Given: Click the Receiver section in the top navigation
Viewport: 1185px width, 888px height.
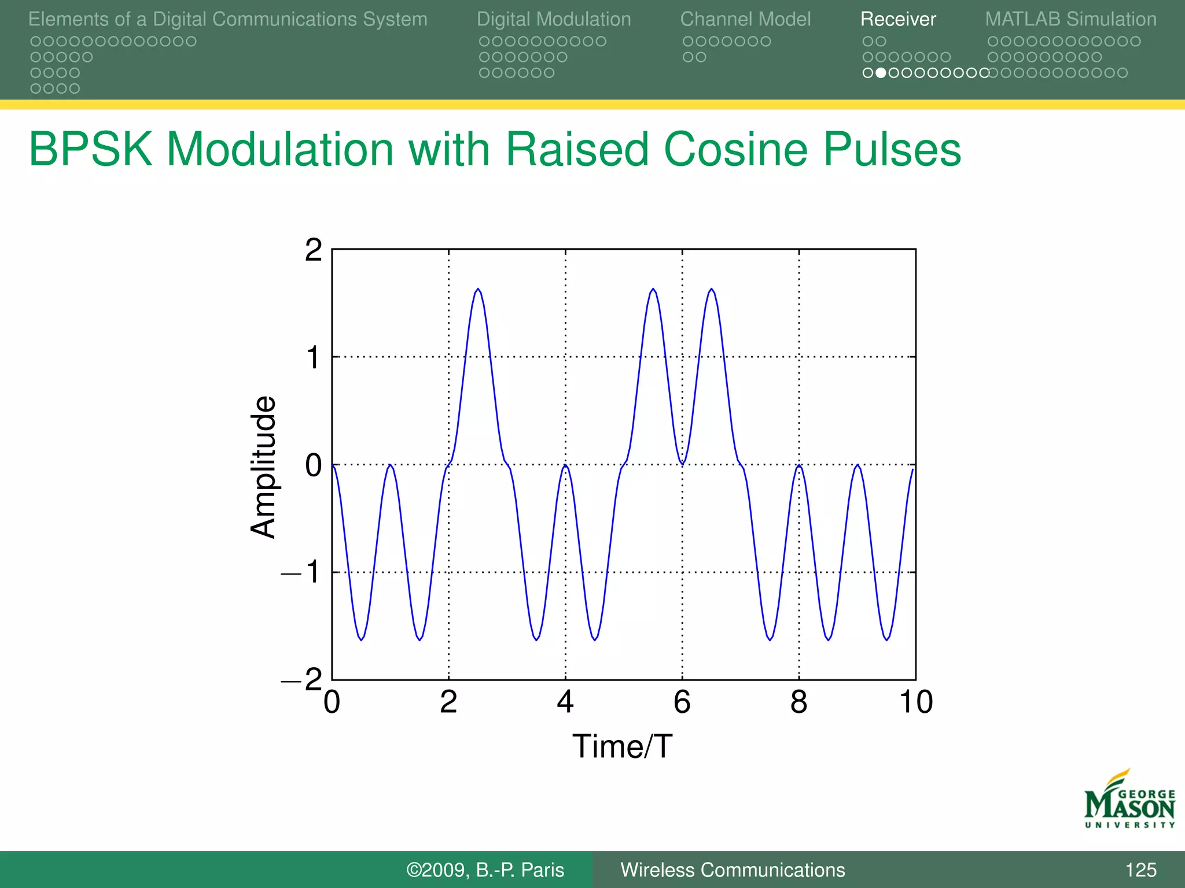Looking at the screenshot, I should pyautogui.click(x=897, y=19).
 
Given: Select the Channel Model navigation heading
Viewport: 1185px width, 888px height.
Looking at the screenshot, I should pyautogui.click(x=745, y=19).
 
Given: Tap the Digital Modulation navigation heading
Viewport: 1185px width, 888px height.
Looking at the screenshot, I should pyautogui.click(x=554, y=19).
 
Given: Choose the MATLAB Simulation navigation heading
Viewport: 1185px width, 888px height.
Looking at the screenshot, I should pyautogui.click(x=1070, y=19).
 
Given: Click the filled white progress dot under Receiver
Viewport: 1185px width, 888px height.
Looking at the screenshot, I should pyautogui.click(x=880, y=73).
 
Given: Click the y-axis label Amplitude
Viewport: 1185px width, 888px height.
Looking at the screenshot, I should pyautogui.click(x=263, y=467).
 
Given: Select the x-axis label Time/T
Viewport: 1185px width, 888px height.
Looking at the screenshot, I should pyautogui.click(x=622, y=746).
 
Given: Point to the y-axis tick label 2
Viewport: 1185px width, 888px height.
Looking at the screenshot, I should pyautogui.click(x=313, y=250).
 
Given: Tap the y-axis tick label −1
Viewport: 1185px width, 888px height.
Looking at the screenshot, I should pyautogui.click(x=302, y=572).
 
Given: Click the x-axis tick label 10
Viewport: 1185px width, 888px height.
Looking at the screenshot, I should pyautogui.click(x=915, y=702).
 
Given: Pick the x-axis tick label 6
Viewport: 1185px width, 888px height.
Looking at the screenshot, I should pyautogui.click(x=682, y=702).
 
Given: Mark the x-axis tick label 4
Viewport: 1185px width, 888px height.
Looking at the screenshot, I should pyautogui.click(x=565, y=702).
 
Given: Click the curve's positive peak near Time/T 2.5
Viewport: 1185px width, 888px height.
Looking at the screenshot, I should pyautogui.click(x=478, y=289).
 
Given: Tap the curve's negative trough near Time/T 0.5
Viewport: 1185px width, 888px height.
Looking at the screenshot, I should pyautogui.click(x=361, y=639).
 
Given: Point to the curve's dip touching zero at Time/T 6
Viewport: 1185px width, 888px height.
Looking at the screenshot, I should pyautogui.click(x=682, y=463).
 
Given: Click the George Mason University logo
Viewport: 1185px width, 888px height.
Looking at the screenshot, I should pyautogui.click(x=1129, y=800).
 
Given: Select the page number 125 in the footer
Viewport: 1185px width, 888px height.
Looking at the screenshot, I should pyautogui.click(x=1140, y=870).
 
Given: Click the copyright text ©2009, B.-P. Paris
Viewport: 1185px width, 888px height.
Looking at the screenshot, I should pyautogui.click(x=485, y=870).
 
